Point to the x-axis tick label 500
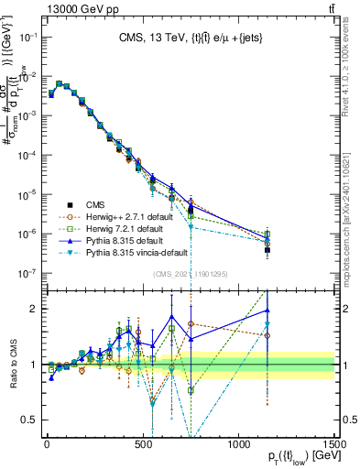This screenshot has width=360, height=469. click(x=143, y=442)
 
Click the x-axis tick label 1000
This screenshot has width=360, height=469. click(x=239, y=442)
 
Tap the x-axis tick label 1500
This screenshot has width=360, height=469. click(x=334, y=442)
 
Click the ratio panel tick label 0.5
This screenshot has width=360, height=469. click(x=30, y=419)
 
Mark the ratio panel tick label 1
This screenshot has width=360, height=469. click(x=34, y=365)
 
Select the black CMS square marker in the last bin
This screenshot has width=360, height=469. click(x=267, y=249)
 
